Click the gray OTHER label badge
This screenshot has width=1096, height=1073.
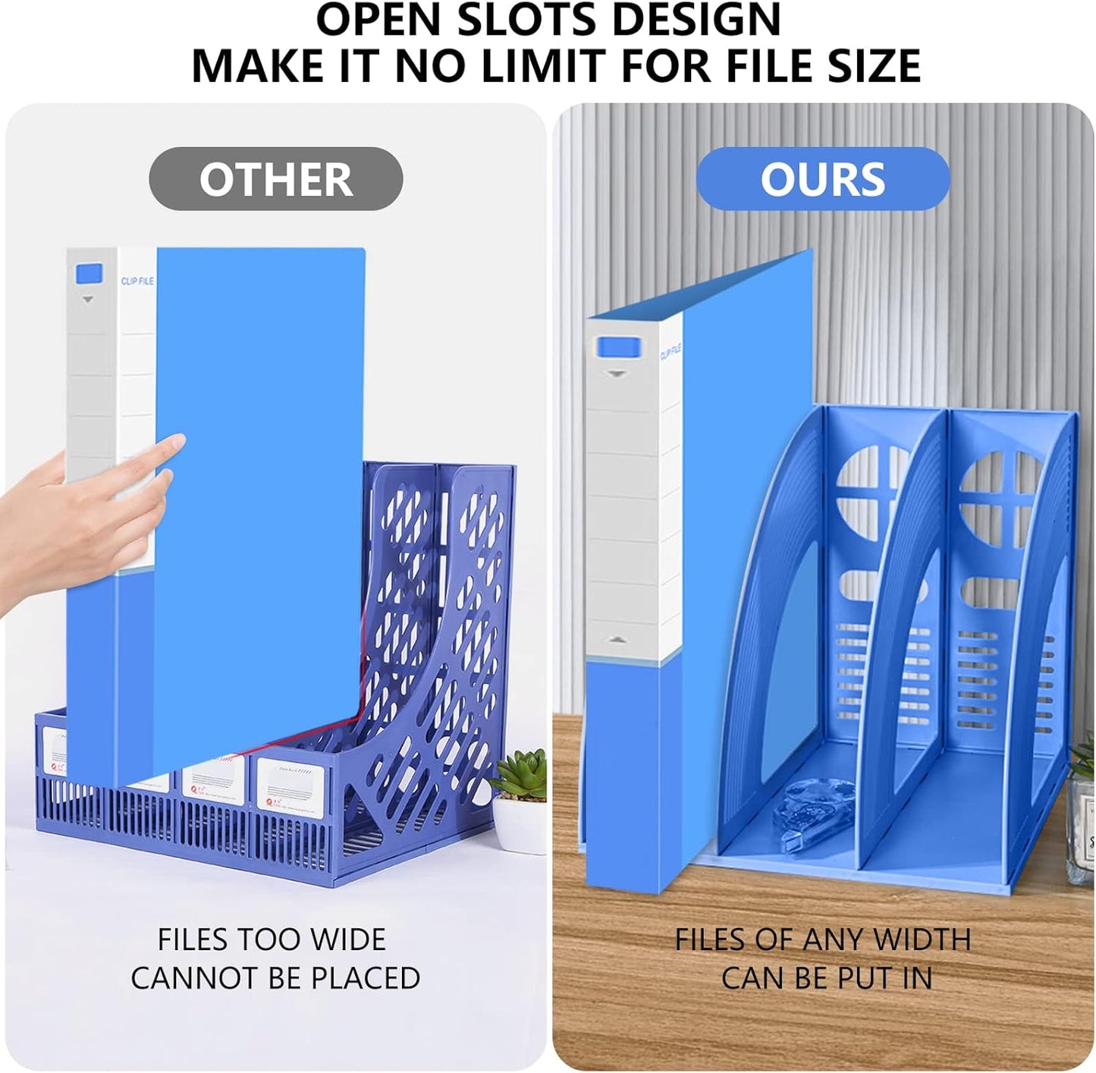pos(275,179)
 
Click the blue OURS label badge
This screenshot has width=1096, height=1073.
pos(823,179)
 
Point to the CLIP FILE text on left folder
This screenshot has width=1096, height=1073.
pos(137,281)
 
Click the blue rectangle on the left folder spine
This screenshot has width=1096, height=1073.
pos(90,273)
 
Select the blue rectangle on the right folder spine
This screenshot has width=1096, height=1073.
pos(619,348)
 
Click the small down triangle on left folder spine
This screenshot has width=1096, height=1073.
pos(88,300)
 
